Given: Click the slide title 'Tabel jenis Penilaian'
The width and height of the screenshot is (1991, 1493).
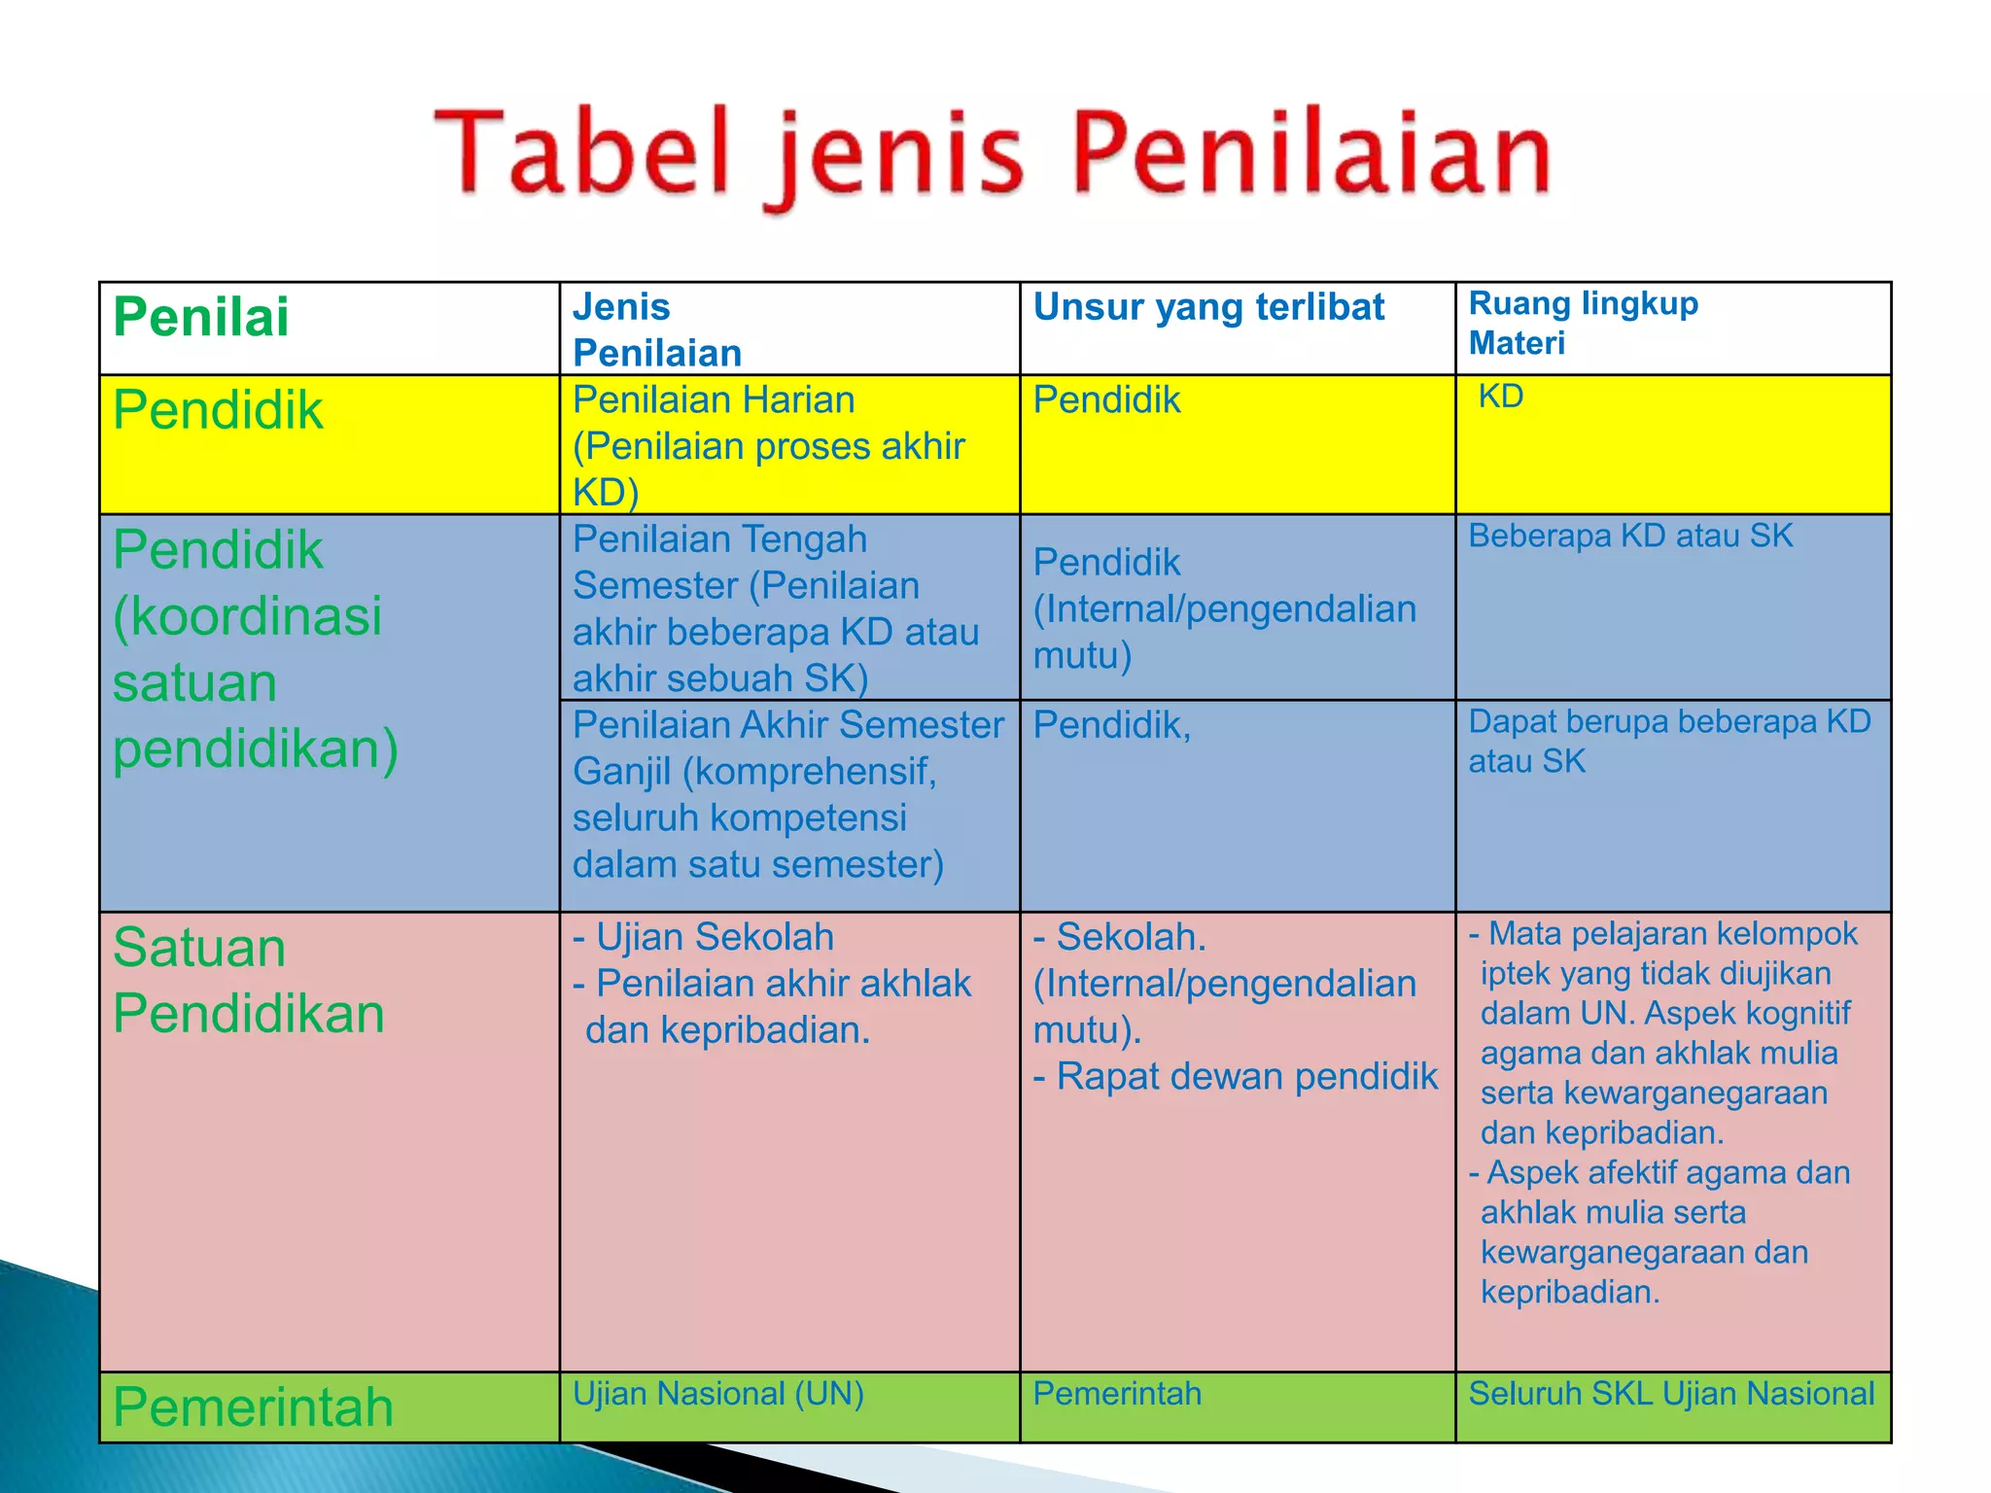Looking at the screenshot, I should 992,156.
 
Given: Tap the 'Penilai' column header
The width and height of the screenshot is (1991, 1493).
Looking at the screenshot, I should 201,317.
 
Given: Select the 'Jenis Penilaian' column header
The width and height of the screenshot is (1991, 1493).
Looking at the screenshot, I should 657,330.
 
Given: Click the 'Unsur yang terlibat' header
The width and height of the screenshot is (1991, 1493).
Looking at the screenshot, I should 1208,307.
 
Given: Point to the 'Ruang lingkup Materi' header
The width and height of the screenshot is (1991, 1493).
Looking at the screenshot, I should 1583,323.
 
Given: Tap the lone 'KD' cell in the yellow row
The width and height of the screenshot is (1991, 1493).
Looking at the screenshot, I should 1500,397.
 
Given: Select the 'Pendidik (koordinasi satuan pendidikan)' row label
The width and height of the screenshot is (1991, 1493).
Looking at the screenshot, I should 256,649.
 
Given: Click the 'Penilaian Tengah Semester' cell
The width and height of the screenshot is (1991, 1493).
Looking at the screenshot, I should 775,608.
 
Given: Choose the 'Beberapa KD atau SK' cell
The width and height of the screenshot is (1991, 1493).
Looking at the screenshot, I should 1630,536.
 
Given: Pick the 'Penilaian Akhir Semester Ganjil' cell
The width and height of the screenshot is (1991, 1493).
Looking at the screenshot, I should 787,794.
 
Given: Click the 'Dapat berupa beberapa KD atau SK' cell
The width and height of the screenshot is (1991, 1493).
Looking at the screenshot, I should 1669,741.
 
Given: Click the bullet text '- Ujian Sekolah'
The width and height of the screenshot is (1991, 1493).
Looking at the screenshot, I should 704,937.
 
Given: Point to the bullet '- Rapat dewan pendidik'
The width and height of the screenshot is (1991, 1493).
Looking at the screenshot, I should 1235,1077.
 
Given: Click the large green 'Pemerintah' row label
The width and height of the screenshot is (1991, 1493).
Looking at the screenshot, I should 253,1406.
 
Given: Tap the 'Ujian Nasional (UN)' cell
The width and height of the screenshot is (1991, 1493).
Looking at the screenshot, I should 717,1394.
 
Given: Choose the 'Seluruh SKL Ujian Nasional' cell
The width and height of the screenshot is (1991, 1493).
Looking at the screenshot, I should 1671,1394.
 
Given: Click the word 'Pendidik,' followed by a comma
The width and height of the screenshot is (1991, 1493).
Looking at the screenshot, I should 1111,725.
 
